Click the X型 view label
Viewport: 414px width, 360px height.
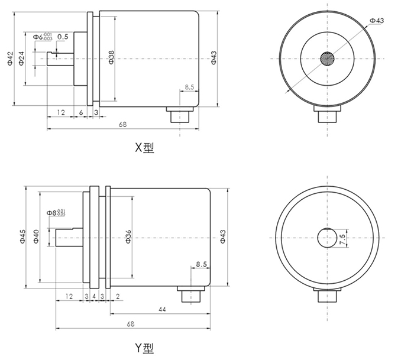pos(143,148)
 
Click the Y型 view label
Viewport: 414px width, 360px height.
pos(143,349)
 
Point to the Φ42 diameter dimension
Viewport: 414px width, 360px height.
pos(10,59)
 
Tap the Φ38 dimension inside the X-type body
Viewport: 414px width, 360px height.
pos(111,57)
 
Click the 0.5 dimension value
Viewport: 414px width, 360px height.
pos(63,37)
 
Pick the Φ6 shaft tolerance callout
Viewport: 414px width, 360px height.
pos(43,37)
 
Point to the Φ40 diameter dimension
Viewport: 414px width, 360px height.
pos(36,236)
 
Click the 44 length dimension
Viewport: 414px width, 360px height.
pos(161,309)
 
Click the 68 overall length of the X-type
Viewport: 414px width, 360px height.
pos(123,124)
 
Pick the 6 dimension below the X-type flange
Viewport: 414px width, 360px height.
pos(80,111)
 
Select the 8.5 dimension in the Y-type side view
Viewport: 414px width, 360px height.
pos(201,265)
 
